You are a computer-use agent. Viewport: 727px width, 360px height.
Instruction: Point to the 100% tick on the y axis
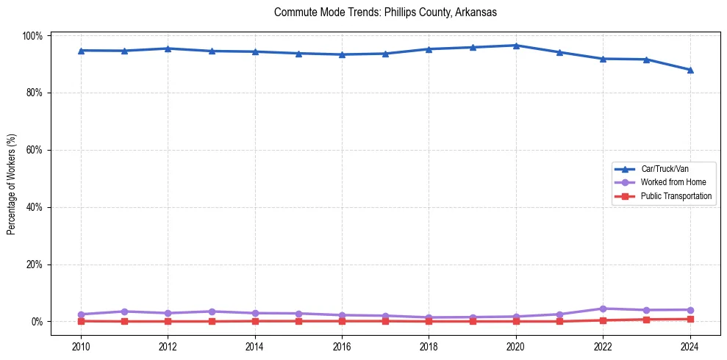(x=35, y=36)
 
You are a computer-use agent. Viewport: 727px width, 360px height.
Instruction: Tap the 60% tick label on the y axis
(x=36, y=150)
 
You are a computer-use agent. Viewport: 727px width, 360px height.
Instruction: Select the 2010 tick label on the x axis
(x=81, y=345)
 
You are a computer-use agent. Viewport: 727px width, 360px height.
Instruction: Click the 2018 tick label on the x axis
(x=429, y=345)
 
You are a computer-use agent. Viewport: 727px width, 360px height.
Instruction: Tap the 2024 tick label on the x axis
(x=690, y=345)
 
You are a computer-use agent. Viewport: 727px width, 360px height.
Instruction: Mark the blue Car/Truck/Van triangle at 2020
(x=516, y=46)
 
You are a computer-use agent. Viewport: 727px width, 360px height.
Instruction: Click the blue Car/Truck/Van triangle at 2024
(x=690, y=70)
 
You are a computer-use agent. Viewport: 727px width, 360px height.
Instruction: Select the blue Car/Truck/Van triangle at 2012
(x=168, y=48)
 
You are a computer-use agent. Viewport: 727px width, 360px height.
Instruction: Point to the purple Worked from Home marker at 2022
(x=603, y=309)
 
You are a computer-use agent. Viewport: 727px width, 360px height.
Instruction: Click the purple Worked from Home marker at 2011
(x=124, y=312)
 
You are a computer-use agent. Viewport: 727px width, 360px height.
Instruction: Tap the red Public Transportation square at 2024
(x=690, y=319)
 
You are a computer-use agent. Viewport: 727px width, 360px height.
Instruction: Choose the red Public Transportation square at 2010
(x=81, y=321)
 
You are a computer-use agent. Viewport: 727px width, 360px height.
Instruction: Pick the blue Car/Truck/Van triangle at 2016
(x=342, y=54)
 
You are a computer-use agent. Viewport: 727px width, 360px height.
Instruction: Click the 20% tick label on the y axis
(x=36, y=264)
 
